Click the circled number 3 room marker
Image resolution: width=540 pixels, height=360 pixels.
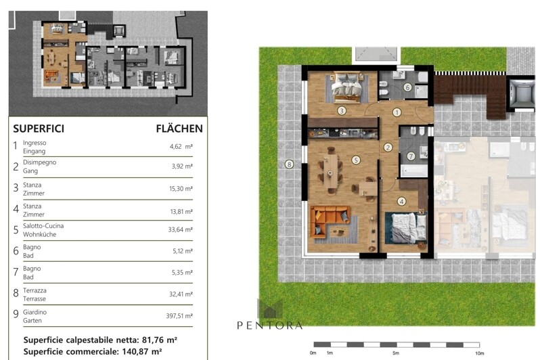[341, 110]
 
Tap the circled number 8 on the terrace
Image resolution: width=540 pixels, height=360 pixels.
[290, 164]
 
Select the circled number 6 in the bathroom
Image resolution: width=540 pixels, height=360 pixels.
[407, 87]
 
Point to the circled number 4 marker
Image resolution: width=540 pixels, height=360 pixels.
[401, 202]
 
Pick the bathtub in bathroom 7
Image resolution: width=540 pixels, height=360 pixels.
[413, 171]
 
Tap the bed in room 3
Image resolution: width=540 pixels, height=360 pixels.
[346, 87]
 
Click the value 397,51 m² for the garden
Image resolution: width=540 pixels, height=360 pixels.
[179, 315]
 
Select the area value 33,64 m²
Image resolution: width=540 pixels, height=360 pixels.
[181, 229]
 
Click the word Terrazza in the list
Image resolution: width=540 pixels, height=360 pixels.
[35, 290]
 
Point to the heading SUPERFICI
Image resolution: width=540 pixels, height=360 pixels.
[39, 129]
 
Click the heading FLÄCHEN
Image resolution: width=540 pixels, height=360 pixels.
[179, 129]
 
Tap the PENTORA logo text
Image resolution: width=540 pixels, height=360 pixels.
[269, 325]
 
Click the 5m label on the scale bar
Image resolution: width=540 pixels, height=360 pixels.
[396, 353]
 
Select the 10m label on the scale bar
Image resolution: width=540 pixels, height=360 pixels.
[479, 353]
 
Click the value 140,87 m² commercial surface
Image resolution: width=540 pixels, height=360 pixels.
[142, 352]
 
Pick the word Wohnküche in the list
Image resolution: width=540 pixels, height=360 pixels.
[40, 234]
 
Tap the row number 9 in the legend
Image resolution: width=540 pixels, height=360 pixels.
[16, 314]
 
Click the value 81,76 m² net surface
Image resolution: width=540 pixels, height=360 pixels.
[160, 340]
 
